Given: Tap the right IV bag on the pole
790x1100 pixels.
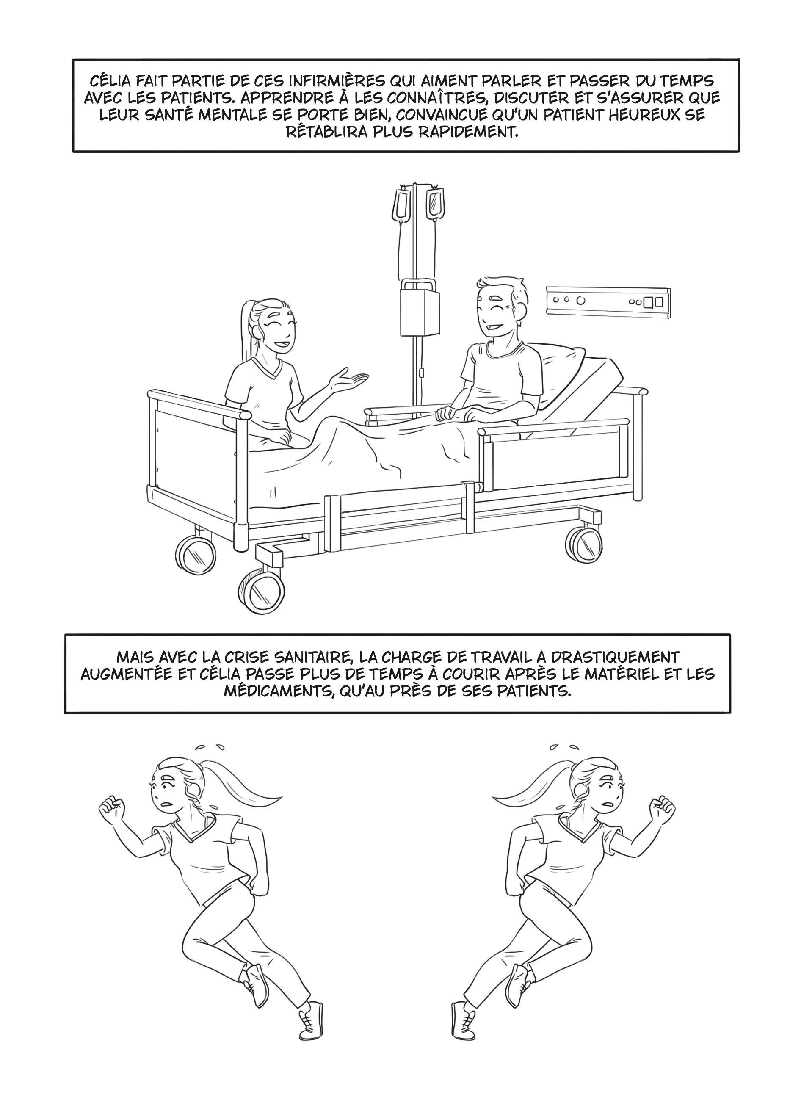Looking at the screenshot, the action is [434, 204].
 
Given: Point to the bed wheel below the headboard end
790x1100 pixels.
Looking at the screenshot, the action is [585, 544].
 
